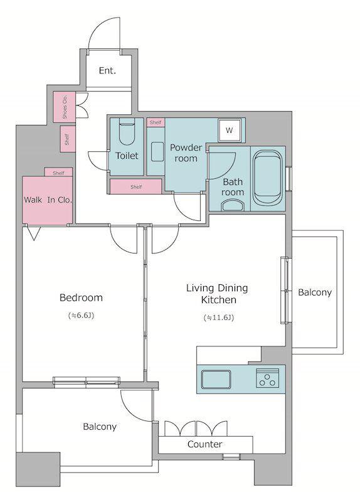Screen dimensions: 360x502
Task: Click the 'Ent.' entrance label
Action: [x=107, y=70]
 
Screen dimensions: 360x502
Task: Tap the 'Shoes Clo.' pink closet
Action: [x=65, y=107]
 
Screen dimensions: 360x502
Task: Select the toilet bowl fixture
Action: [x=127, y=132]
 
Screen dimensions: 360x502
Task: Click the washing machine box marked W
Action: [x=229, y=130]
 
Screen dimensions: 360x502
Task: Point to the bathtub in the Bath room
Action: [x=268, y=178]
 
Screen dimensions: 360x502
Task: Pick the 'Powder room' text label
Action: [x=186, y=152]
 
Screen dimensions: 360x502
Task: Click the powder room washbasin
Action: [x=157, y=151]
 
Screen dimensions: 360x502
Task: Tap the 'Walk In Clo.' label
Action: [x=48, y=200]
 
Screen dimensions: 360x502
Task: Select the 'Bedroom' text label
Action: [x=82, y=297]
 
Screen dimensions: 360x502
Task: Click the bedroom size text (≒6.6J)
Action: [x=82, y=316]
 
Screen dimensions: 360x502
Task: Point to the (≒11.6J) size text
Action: [x=219, y=318]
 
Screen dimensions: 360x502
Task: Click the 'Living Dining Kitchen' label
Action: [x=217, y=294]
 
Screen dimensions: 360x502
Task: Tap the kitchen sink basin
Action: [x=216, y=379]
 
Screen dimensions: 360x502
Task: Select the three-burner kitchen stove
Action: [x=268, y=378]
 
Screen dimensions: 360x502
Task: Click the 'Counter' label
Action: [x=205, y=444]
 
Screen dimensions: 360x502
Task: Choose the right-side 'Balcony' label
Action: [x=315, y=292]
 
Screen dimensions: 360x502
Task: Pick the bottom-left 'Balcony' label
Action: [x=100, y=427]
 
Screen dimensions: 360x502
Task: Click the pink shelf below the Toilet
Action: [x=135, y=186]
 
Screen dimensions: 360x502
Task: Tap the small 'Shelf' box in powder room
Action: [x=156, y=122]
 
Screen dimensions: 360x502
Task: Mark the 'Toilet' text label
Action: [x=127, y=156]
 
